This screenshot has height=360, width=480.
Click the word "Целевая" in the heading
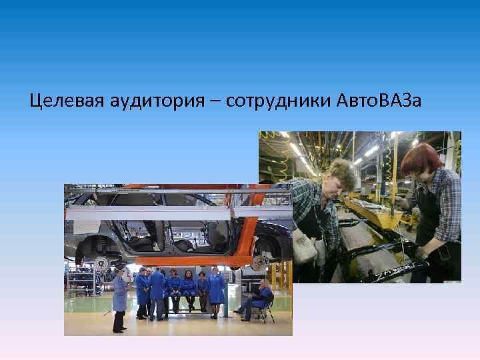(x=64, y=101)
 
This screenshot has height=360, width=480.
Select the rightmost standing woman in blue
(x=217, y=288)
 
